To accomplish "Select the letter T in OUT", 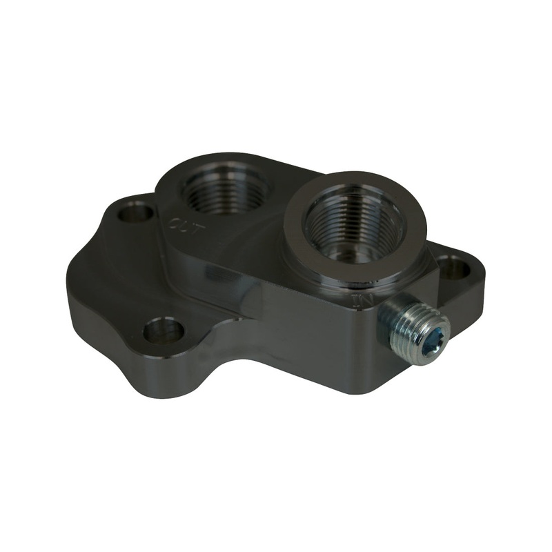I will click(197, 230).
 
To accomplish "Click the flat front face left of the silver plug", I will click(310, 331).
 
